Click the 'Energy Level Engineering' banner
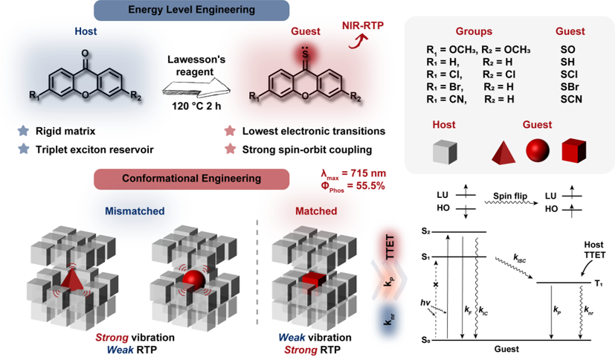click(191, 10)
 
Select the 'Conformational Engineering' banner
click(191, 179)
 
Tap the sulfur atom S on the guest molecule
click(305, 55)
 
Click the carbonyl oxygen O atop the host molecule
click(85, 54)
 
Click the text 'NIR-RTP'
click(363, 25)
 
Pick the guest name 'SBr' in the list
click(570, 87)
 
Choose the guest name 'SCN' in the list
click(571, 99)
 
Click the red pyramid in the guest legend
click(503, 152)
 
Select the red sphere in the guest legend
click(538, 150)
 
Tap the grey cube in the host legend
click(445, 152)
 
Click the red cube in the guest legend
click(574, 150)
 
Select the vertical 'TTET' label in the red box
click(390, 247)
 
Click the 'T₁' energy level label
click(599, 283)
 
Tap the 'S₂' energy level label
click(426, 231)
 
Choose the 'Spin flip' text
click(510, 196)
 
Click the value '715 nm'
click(369, 173)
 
